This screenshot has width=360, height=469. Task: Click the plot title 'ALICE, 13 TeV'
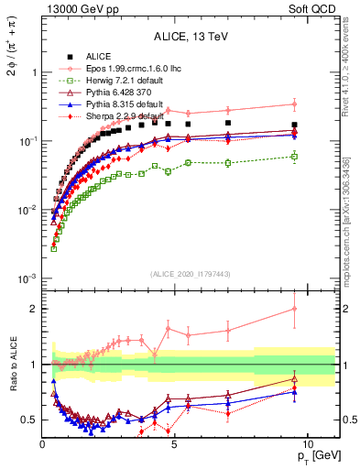[191, 37]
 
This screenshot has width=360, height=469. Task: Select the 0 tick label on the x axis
[42, 444]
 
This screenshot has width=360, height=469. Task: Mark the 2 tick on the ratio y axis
[32, 309]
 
